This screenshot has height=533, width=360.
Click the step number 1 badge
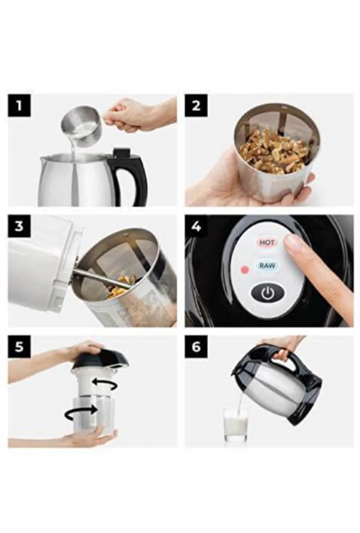pos(19,106)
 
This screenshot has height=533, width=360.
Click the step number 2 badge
pos(196,106)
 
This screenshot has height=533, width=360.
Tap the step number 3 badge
pos(19,226)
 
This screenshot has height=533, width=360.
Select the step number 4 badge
pos(196,226)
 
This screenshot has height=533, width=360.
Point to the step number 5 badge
pos(19,347)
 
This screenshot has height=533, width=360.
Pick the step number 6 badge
pos(196,347)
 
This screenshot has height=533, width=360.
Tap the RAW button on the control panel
pos(267,265)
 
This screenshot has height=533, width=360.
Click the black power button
pos(267,293)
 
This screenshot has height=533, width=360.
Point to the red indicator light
pos(245,270)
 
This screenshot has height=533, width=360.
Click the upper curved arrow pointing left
pos(106,383)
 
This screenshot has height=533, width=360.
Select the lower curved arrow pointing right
pos(82,412)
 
